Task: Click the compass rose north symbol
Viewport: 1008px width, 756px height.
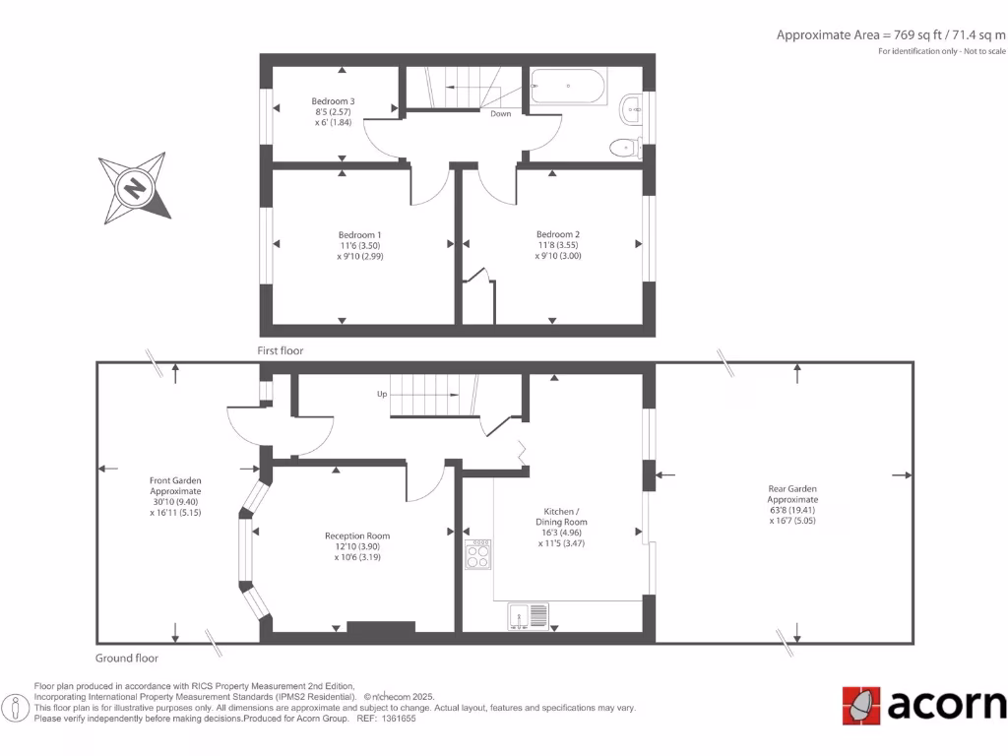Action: (135, 186)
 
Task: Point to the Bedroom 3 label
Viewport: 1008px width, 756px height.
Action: (333, 101)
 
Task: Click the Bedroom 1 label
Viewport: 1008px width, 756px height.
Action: (359, 234)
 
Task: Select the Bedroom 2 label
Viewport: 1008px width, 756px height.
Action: (551, 234)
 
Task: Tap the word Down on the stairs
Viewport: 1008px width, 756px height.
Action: (501, 114)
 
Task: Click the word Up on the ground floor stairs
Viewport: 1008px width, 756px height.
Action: (382, 394)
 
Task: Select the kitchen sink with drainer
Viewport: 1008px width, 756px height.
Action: (530, 616)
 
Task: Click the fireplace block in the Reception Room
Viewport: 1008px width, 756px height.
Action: (380, 627)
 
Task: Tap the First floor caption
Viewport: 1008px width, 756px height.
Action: (281, 350)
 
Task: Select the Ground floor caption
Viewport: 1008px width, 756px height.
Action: (126, 659)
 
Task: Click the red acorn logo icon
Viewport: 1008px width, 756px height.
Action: (861, 705)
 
